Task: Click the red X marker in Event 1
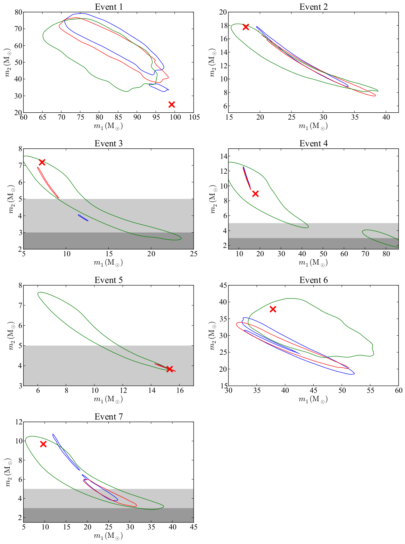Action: [172, 104]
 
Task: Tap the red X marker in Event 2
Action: [246, 27]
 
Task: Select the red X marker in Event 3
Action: [42, 162]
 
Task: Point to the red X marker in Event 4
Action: [255, 193]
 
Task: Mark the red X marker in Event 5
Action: [170, 369]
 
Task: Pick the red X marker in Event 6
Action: [273, 309]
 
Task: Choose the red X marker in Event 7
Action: [43, 444]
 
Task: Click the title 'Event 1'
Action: [108, 7]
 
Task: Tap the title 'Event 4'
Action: [313, 144]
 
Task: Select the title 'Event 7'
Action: [108, 417]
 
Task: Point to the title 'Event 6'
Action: [313, 280]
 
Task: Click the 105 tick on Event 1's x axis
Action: [194, 117]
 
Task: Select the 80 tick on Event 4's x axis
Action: [386, 254]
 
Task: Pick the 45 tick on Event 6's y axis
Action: [222, 285]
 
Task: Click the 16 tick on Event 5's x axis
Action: [180, 390]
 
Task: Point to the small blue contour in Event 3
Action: [83, 218]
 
